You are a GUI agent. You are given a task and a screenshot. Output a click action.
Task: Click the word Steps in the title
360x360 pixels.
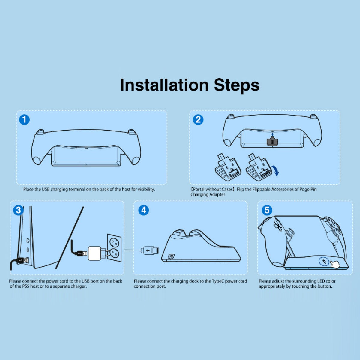[236, 85]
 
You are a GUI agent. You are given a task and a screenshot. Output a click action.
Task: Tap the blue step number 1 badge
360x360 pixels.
[25, 120]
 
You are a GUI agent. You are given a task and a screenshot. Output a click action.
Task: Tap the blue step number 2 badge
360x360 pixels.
[198, 120]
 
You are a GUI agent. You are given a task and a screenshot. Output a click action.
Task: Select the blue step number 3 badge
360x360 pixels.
[18, 210]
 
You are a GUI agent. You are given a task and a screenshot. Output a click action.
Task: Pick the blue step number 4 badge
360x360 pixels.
[144, 210]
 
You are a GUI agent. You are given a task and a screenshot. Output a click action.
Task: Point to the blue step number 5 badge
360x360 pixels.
[267, 210]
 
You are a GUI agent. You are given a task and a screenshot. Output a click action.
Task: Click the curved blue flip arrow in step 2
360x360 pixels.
[276, 171]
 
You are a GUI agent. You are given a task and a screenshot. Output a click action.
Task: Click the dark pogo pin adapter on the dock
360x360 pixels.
[272, 142]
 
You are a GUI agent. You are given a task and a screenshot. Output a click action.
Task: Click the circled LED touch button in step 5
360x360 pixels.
[324, 262]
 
